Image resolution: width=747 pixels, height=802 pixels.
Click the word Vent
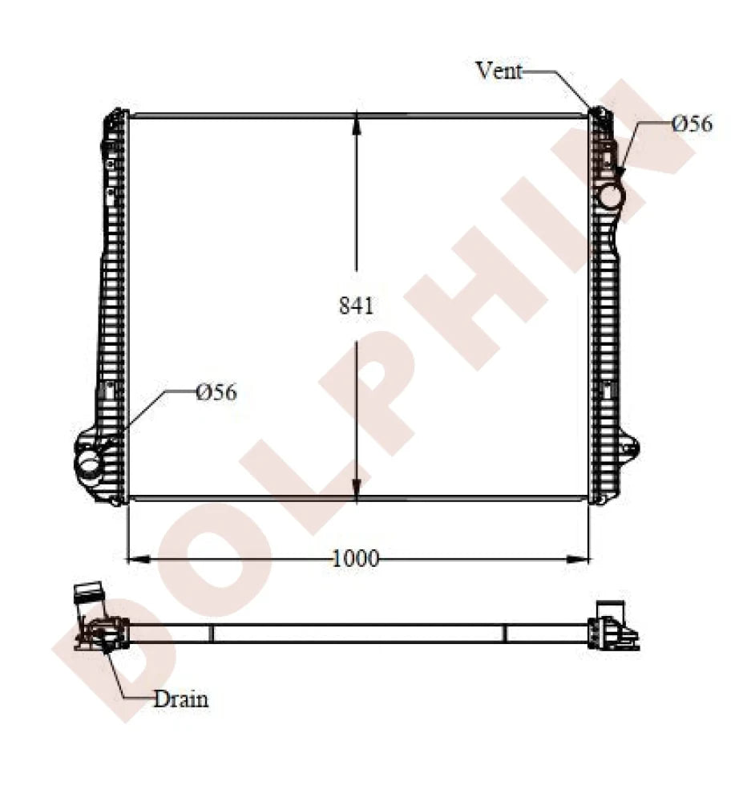(499, 71)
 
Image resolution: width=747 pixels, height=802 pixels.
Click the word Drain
(180, 699)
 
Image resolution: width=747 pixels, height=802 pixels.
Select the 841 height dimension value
(357, 306)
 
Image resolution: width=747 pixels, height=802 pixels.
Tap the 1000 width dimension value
(356, 558)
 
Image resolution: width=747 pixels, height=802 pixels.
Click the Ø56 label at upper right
(692, 124)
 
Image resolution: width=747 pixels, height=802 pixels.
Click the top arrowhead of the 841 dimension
(357, 123)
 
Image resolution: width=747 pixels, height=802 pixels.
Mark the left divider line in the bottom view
(212, 634)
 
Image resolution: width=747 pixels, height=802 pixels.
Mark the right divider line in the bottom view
(505, 634)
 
